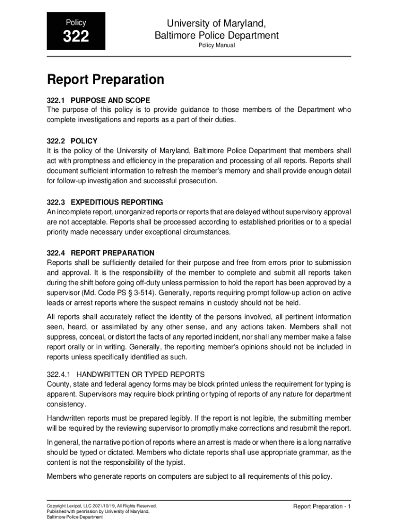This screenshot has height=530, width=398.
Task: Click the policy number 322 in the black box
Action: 75,37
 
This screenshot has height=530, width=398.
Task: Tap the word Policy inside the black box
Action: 75,23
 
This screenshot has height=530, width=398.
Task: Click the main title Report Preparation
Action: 105,80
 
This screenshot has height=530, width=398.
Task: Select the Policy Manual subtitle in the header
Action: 217,46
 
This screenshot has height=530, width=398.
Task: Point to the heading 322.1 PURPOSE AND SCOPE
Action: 98,100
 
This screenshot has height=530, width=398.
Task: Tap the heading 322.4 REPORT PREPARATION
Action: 100,253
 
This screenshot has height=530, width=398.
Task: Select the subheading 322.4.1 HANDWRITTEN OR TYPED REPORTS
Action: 126,374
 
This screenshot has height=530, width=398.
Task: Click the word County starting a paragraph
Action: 57,384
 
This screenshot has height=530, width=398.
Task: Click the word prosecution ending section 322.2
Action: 198,181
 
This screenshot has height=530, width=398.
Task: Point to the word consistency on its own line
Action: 67,404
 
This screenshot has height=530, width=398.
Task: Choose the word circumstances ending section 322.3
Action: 205,232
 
